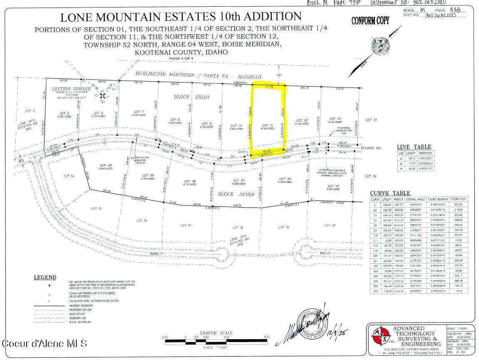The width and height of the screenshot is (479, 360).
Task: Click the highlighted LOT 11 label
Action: click(x=268, y=125)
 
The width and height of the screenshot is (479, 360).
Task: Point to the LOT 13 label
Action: click(x=335, y=119)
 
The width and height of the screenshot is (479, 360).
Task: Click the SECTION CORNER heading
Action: click(x=71, y=89)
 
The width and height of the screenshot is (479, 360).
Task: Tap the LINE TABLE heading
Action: click(x=414, y=147)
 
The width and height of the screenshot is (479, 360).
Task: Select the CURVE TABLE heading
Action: click(x=390, y=193)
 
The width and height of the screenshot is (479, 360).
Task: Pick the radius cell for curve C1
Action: click(x=400, y=205)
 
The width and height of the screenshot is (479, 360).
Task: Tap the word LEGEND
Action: click(x=45, y=277)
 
